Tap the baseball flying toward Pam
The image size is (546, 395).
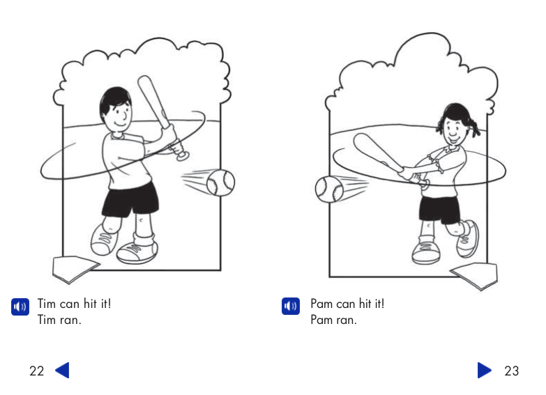328,189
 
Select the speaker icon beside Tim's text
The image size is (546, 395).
20,307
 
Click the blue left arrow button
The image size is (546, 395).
62,370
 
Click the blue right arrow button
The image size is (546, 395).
485,370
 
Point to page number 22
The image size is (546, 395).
36,371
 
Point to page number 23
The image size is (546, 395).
511,371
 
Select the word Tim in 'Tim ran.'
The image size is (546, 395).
47,320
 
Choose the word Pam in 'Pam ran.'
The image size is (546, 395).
322,320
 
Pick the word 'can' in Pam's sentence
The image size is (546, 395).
346,304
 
